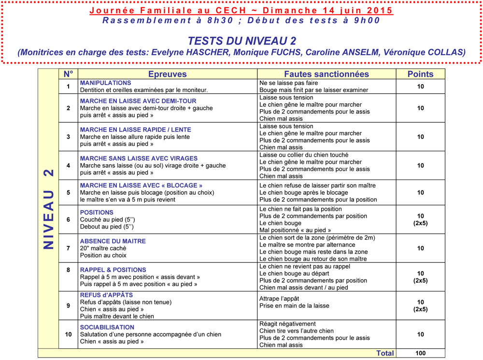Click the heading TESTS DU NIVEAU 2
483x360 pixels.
tap(241, 41)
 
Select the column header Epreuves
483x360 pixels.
tap(167, 74)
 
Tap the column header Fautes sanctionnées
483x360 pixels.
tap(326, 74)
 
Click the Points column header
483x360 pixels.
tap(420, 74)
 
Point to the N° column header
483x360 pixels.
tap(68, 74)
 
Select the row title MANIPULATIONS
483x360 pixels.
tap(105, 83)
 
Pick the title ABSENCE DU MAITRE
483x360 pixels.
tap(113, 241)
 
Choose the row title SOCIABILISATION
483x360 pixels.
tap(107, 327)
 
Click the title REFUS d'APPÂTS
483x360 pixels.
tap(106, 295)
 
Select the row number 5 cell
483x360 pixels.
tap(68, 192)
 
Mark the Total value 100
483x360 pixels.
tap(420, 353)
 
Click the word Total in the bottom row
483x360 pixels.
tap(385, 353)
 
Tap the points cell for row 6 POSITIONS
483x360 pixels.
tap(420, 220)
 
